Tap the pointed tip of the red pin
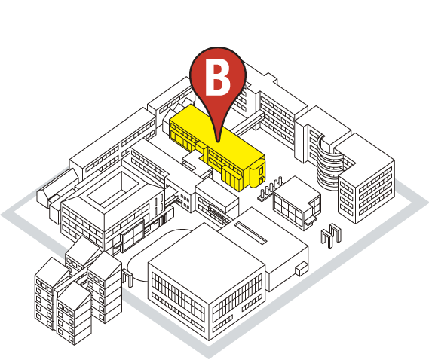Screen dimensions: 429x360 (217, 142)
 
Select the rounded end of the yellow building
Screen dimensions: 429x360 (257, 174)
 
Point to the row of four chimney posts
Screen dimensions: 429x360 (271, 188)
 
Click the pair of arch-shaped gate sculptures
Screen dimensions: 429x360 (331, 235)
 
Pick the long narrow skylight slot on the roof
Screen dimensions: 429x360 (250, 233)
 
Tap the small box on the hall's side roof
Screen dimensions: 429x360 (302, 268)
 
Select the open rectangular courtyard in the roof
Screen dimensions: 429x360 (113, 190)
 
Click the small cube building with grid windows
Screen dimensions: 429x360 (297, 203)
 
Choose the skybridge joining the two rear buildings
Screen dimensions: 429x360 (247, 124)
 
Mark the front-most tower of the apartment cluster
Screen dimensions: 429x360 (74, 313)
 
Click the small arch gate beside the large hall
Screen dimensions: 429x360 (127, 278)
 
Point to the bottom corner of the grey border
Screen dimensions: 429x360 (209, 358)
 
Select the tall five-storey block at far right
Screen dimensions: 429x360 (366, 178)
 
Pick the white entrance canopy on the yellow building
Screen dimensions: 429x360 (193, 161)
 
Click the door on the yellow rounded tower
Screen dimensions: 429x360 (262, 180)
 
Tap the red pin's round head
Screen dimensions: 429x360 (218, 75)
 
